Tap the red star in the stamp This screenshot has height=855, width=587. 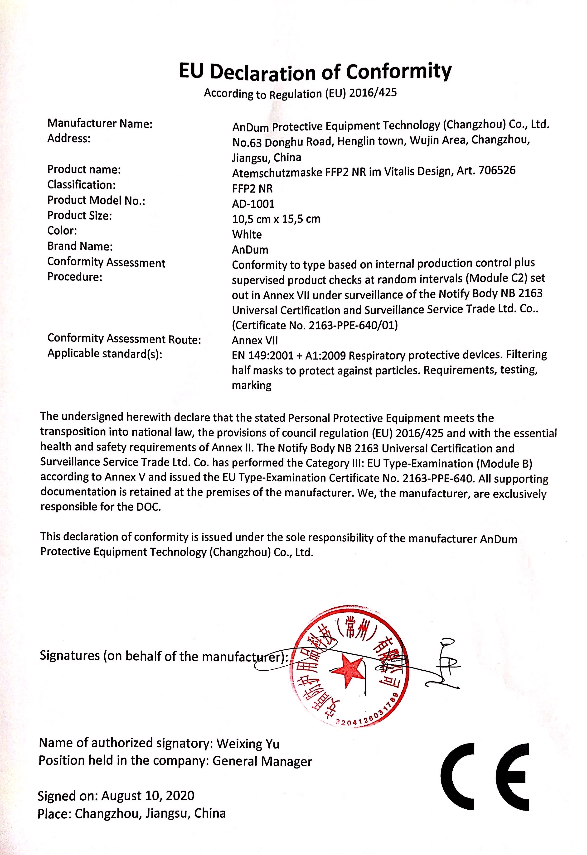pyautogui.click(x=347, y=670)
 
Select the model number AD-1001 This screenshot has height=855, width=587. pyautogui.click(x=253, y=203)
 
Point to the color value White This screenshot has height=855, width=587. pyautogui.click(x=247, y=234)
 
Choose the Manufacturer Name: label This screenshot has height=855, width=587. pyautogui.click(x=100, y=124)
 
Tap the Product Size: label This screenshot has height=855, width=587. pyautogui.click(x=79, y=215)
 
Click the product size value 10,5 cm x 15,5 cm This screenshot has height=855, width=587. pyautogui.click(x=276, y=219)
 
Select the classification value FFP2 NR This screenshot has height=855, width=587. pyautogui.click(x=252, y=188)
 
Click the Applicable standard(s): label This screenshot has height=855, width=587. pyautogui.click(x=105, y=354)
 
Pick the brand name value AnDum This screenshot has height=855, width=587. pyautogui.click(x=250, y=250)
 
